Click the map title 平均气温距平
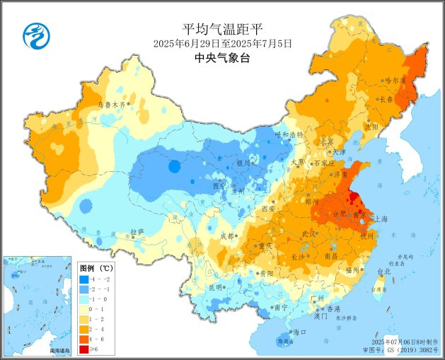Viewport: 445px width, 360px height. point(222,29)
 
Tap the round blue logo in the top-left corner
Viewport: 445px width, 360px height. point(34,36)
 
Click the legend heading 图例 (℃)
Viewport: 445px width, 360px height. point(96,268)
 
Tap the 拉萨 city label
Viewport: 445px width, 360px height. point(137,231)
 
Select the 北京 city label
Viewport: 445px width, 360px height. point(326,141)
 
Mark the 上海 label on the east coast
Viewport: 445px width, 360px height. point(380,219)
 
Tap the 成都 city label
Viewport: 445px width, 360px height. point(226,236)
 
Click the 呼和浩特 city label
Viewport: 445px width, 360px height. point(289,134)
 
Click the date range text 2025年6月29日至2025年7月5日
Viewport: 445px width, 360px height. point(222,43)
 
